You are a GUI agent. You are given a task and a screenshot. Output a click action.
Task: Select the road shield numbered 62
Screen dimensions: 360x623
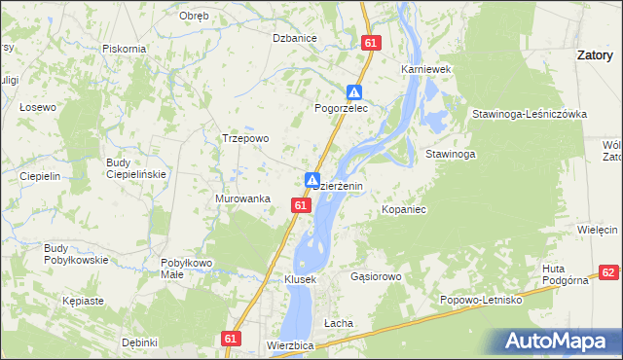(x=608, y=273)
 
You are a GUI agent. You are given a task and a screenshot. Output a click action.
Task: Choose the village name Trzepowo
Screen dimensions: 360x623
(x=245, y=138)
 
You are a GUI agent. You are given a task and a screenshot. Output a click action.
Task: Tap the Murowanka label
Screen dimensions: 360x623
(x=241, y=198)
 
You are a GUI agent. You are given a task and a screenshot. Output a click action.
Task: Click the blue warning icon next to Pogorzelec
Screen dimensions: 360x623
(x=356, y=92)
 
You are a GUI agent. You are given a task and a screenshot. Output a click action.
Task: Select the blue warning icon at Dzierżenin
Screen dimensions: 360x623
(x=312, y=180)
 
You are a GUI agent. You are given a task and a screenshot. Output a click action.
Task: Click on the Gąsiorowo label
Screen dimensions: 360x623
(x=376, y=276)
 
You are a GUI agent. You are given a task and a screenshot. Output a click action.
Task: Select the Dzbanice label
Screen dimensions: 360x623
(x=295, y=38)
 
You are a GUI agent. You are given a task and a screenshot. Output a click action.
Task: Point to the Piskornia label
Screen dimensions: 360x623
(x=124, y=48)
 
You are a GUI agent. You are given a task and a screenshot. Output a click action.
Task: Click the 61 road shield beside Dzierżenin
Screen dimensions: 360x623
(x=301, y=205)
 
